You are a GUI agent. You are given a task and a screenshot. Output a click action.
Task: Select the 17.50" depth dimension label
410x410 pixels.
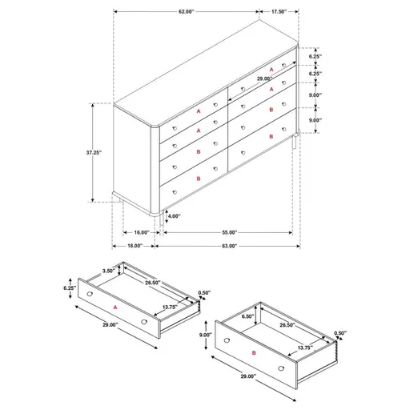(279, 12)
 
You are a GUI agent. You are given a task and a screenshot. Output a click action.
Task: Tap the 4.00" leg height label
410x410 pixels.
(175, 215)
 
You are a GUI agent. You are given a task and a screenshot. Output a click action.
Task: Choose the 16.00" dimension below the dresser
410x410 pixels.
(142, 231)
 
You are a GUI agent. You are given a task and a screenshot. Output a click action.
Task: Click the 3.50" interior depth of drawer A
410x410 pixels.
(107, 271)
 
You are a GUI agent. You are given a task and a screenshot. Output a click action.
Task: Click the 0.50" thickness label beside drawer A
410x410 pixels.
(204, 292)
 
